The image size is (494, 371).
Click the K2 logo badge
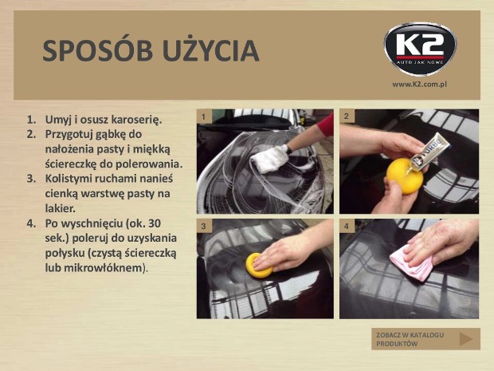tap(420, 49)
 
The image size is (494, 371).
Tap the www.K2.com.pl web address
tap(420, 85)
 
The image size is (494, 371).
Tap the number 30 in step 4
tap(155, 223)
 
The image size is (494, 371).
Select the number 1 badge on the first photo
tap(203, 116)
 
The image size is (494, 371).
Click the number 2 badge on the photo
tap(347, 116)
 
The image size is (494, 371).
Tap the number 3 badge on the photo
tap(204, 227)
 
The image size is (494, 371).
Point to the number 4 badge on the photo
tap(347, 227)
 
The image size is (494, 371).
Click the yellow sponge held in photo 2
tap(404, 176)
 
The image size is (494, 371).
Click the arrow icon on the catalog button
tap(465, 339)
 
